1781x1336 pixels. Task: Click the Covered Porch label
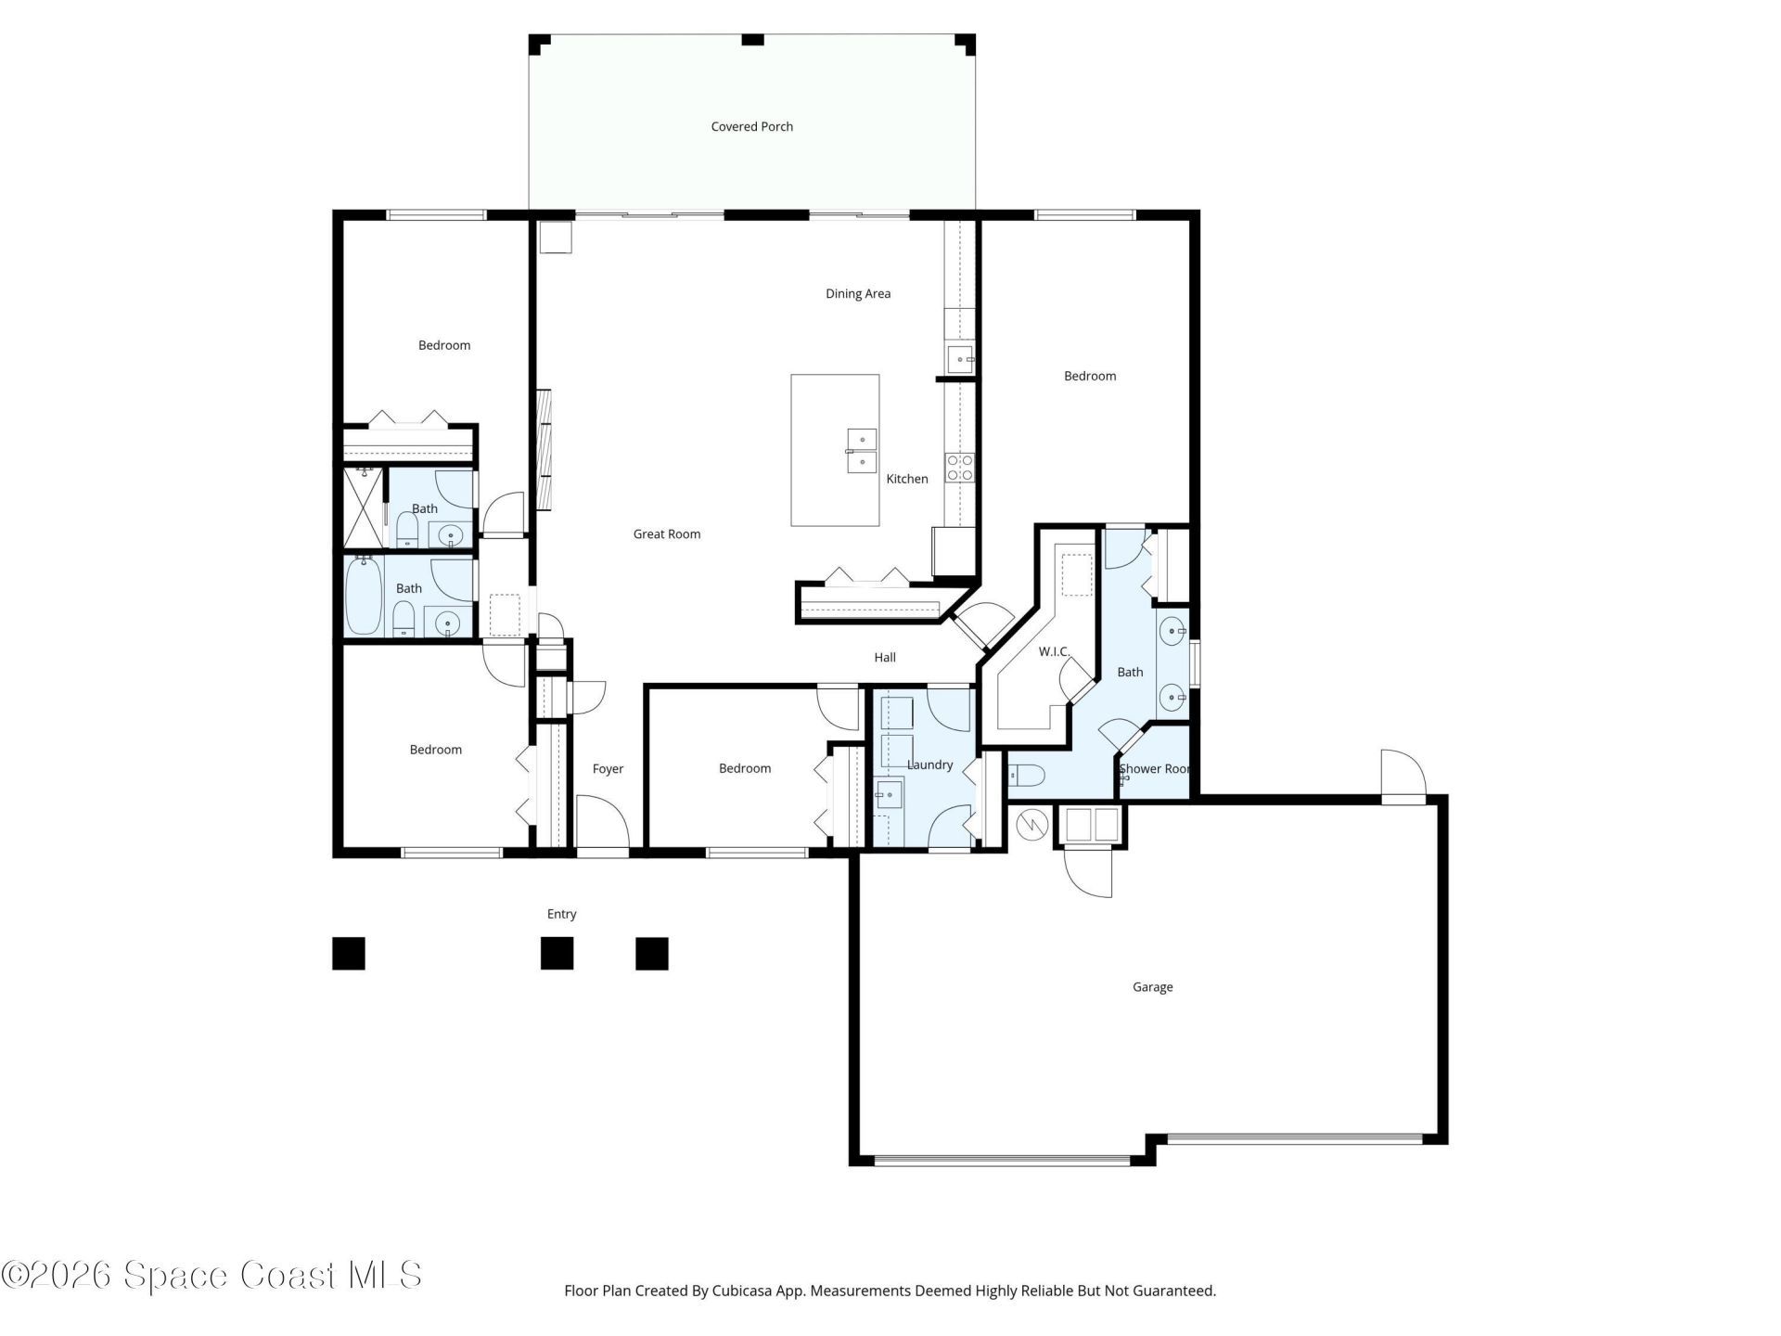(751, 127)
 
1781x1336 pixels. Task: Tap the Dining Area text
(857, 294)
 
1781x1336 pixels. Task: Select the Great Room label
(666, 534)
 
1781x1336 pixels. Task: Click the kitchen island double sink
(863, 451)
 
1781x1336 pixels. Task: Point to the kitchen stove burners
(959, 468)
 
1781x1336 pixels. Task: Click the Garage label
(1152, 987)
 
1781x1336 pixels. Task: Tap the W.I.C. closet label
(1054, 652)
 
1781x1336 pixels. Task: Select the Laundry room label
(929, 765)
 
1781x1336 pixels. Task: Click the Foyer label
(608, 769)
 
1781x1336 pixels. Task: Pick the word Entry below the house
(561, 915)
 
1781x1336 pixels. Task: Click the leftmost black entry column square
(349, 954)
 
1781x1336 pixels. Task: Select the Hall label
(884, 658)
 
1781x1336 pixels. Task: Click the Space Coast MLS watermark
(211, 1276)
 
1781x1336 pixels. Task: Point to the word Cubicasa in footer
(737, 1291)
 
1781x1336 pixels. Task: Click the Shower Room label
(1154, 769)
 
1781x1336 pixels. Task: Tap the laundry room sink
(889, 794)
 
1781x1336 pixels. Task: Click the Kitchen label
(906, 480)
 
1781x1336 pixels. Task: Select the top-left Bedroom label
(443, 346)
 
